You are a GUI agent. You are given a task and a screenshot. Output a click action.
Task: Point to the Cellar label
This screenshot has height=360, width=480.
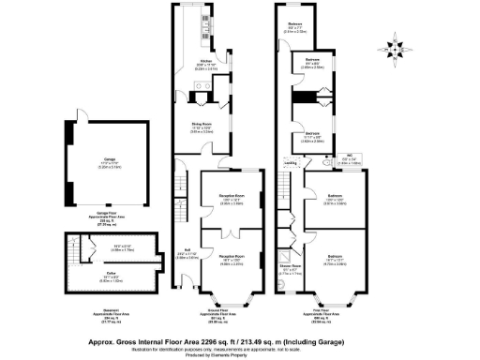coord(83,276)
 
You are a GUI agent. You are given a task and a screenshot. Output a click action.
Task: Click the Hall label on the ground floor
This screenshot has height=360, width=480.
coord(187,253)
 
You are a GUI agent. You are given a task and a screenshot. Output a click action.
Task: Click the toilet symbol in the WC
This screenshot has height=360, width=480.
coord(323,160)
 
